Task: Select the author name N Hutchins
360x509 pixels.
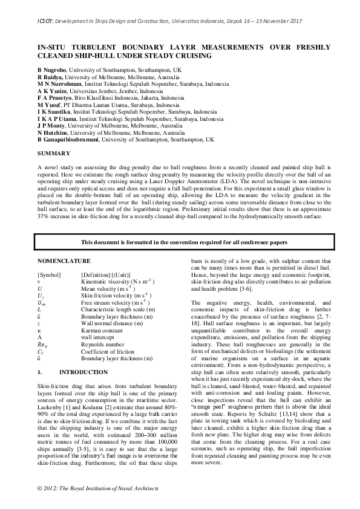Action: point(53,132)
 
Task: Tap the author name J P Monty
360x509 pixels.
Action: point(52,125)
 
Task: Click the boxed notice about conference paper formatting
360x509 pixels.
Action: point(180,242)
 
